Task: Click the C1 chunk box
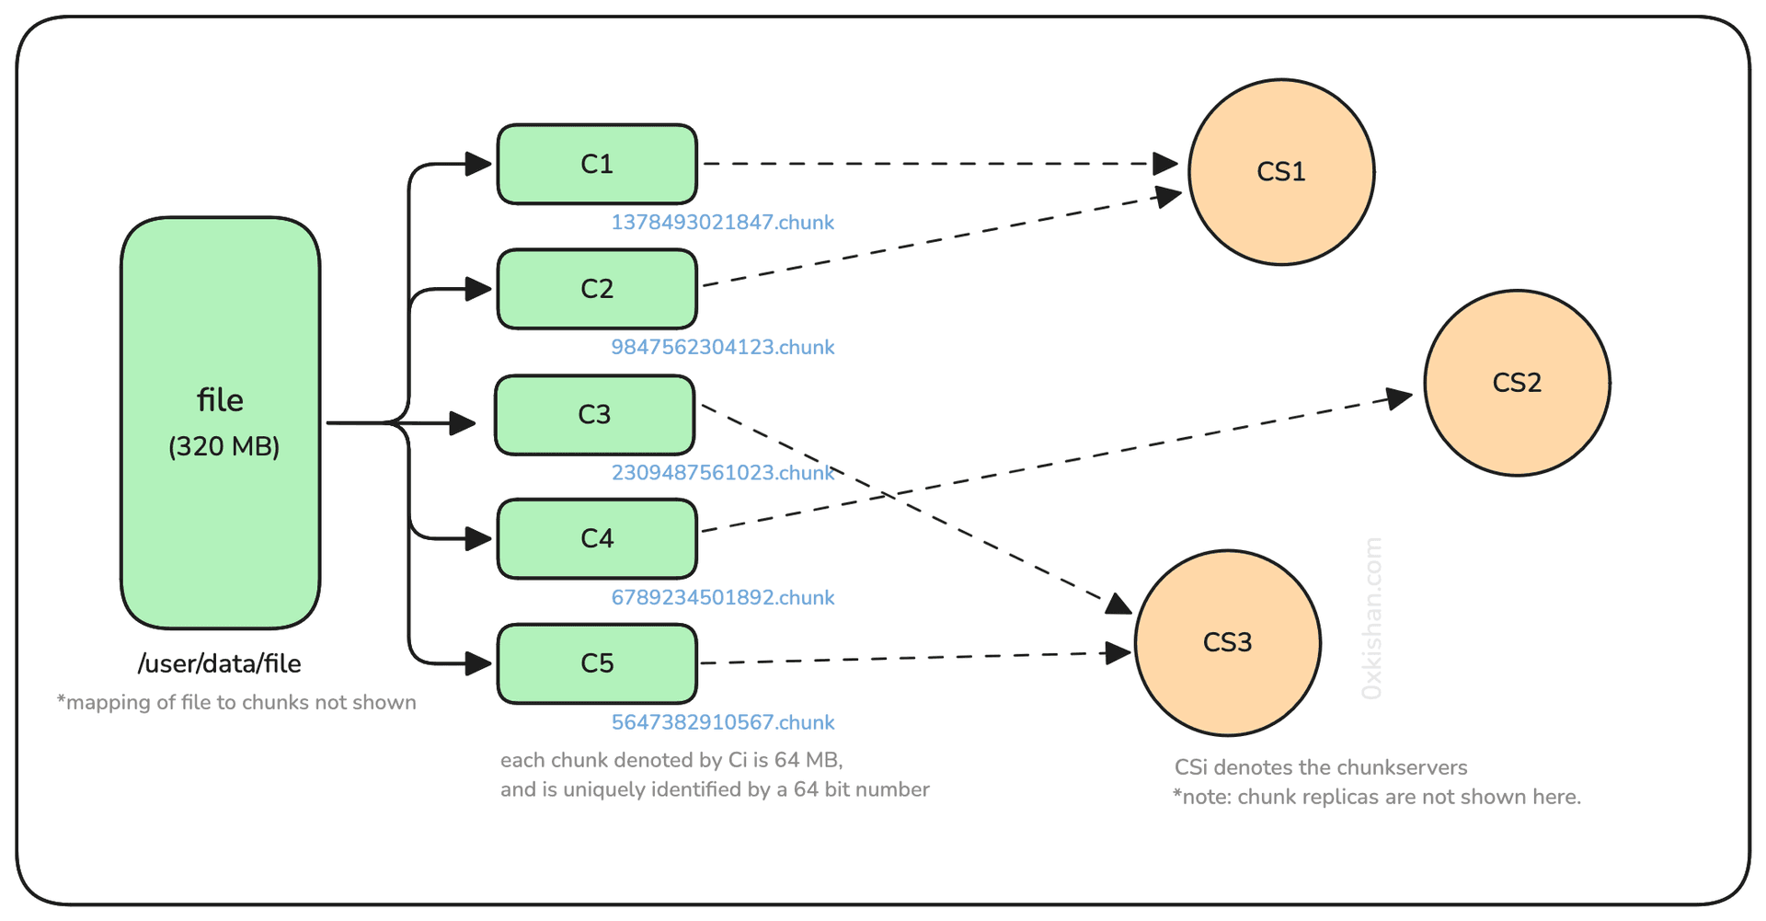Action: tap(597, 164)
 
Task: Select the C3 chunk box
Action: tap(594, 415)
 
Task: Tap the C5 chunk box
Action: tap(597, 663)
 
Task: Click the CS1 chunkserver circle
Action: tap(1281, 172)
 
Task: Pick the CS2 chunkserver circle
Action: tap(1517, 383)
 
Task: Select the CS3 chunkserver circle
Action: tap(1227, 642)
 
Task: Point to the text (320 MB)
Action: tap(224, 446)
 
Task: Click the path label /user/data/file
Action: tap(220, 663)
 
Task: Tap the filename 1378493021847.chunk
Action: tap(722, 223)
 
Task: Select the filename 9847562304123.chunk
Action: tap(722, 348)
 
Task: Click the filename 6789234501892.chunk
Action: tap(722, 598)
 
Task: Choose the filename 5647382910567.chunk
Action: tap(722, 722)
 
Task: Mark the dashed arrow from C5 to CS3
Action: tap(920, 659)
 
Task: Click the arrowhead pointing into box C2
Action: tap(478, 289)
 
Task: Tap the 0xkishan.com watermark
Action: tap(1371, 618)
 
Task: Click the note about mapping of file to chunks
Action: tap(236, 703)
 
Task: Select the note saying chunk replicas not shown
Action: tap(1376, 797)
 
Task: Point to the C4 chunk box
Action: tap(597, 538)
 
